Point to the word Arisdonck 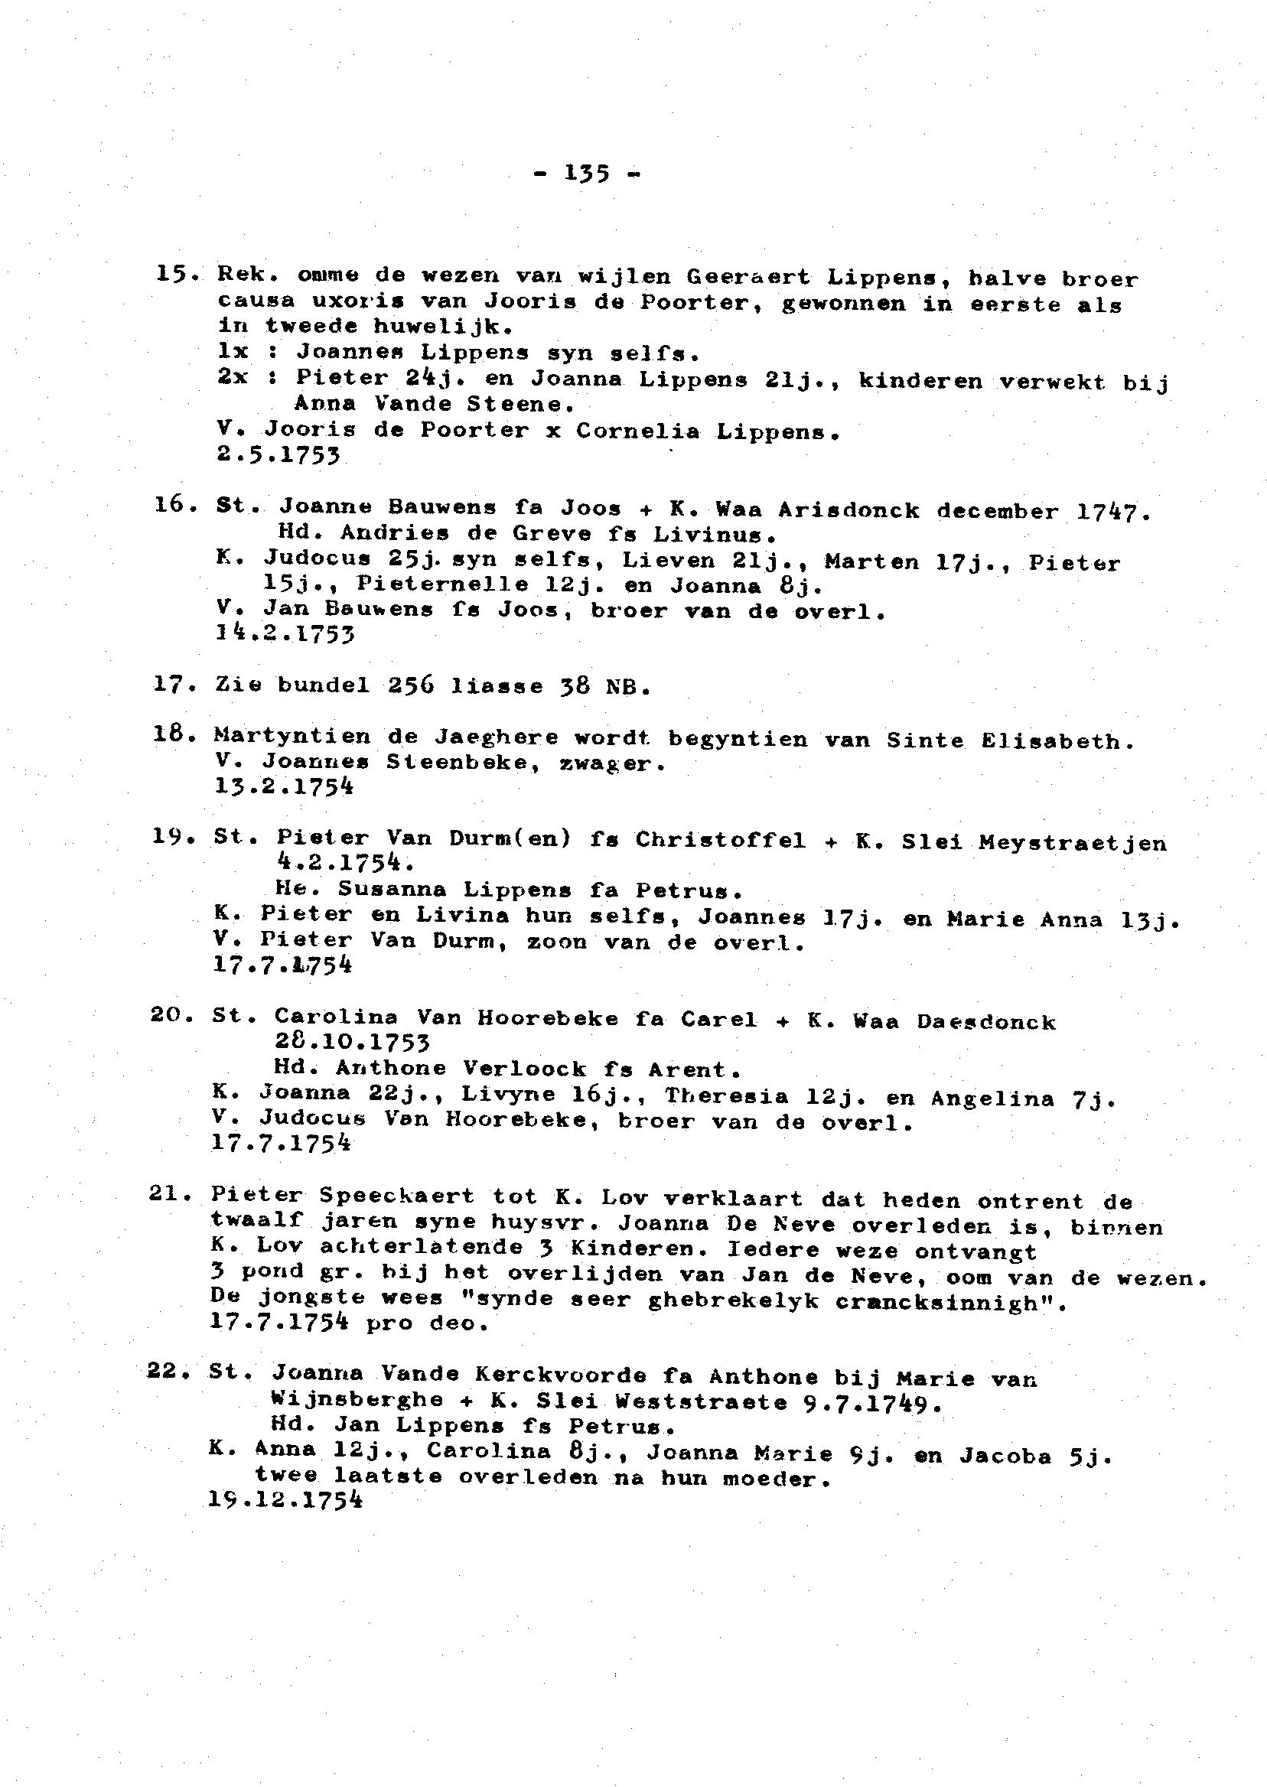click(x=848, y=511)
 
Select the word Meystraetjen click(x=1072, y=843)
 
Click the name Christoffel click(x=720, y=840)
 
